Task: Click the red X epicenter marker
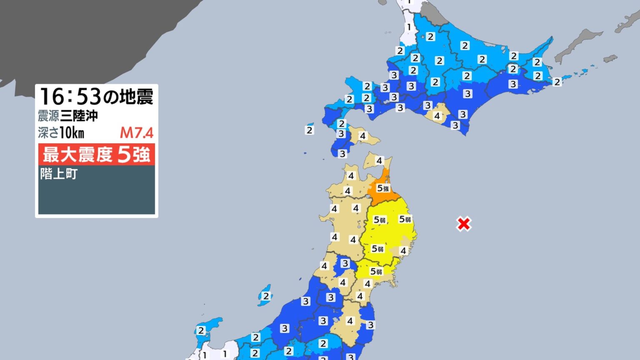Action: click(x=464, y=224)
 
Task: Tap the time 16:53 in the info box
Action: click(x=70, y=97)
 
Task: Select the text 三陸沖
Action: click(x=79, y=115)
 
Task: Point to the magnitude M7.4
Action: click(x=137, y=133)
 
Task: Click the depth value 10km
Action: click(x=72, y=133)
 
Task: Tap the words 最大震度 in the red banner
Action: click(x=77, y=155)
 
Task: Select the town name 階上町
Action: click(x=59, y=174)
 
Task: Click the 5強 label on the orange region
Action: click(x=382, y=188)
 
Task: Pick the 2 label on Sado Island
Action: click(x=266, y=296)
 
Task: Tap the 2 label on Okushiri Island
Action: click(x=309, y=130)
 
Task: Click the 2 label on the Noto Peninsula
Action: click(x=201, y=330)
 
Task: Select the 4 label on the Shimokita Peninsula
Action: click(x=379, y=160)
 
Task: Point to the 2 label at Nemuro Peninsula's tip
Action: click(x=557, y=82)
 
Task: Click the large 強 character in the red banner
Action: click(x=141, y=155)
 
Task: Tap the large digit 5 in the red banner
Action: click(x=124, y=155)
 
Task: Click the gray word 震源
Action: click(x=48, y=115)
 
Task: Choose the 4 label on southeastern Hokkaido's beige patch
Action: click(x=437, y=116)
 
